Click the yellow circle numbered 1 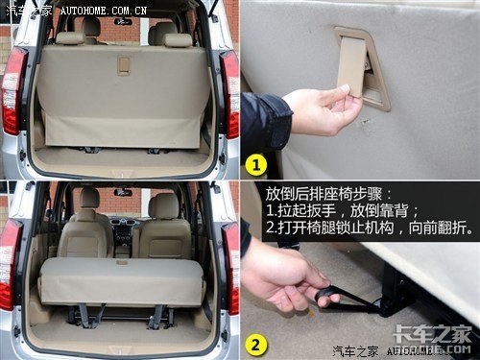256,165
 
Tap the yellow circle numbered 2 256,345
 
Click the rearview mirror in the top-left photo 124,22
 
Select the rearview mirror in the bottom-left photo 123,193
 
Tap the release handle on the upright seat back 124,65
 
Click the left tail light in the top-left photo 13,91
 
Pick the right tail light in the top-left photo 229,94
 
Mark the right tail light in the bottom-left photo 231,269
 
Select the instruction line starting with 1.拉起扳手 342,210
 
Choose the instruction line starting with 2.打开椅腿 370,228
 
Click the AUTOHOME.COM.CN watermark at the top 103,11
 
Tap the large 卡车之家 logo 432,334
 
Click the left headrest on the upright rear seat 71,38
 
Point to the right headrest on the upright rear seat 178,40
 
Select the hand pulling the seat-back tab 324,110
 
